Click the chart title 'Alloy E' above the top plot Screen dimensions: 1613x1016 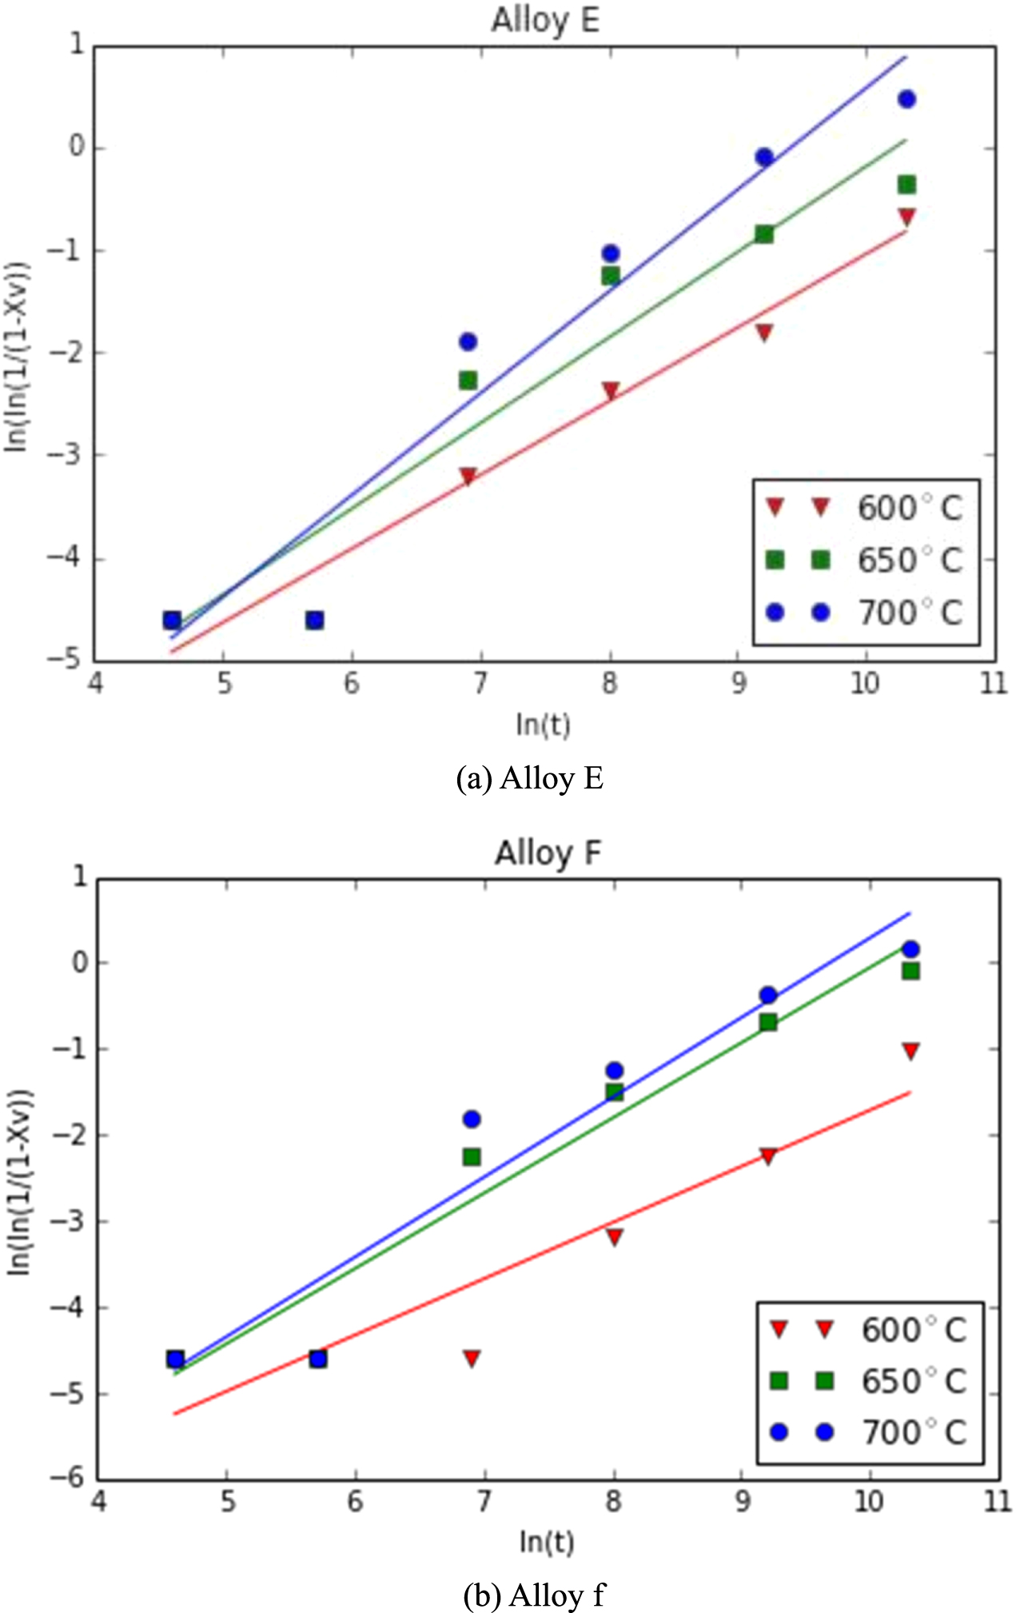click(x=545, y=21)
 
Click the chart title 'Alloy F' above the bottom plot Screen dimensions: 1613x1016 click(x=548, y=853)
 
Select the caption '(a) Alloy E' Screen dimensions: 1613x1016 click(x=529, y=778)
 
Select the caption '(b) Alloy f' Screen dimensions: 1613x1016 click(x=534, y=1595)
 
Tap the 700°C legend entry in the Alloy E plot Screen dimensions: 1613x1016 click(x=866, y=613)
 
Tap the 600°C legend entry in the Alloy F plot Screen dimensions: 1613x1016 click(x=870, y=1330)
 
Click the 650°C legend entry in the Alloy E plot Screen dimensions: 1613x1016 click(x=866, y=561)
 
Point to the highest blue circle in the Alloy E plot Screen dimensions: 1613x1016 click(x=906, y=100)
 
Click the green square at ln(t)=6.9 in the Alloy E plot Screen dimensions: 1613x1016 click(x=468, y=381)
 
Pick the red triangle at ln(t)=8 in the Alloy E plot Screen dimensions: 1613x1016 click(x=611, y=391)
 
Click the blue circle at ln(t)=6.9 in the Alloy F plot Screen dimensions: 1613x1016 click(x=472, y=1119)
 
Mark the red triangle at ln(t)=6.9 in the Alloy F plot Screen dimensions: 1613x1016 click(x=472, y=1358)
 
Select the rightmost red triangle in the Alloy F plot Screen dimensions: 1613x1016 click(x=910, y=1051)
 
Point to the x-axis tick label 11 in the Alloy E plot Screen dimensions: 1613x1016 click(x=994, y=685)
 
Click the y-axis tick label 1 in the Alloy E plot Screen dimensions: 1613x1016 click(x=78, y=46)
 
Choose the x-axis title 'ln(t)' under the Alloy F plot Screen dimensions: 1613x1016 click(x=547, y=1541)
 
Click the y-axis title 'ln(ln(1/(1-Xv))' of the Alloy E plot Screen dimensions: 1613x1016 click(x=18, y=356)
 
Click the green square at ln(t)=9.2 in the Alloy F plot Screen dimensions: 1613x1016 click(x=768, y=1022)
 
